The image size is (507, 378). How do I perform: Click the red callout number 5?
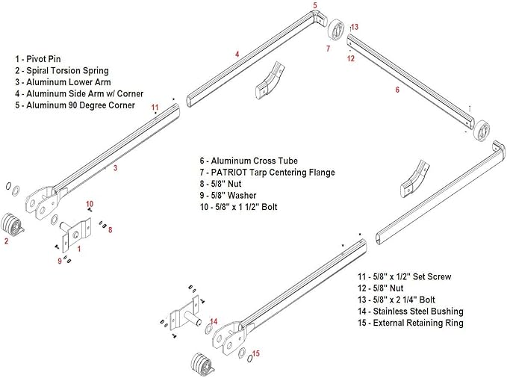tap(314, 5)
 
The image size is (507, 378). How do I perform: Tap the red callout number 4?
tap(237, 54)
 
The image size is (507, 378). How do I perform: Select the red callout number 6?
tap(397, 90)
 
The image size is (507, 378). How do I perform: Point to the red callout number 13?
tap(355, 27)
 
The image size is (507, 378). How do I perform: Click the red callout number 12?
tap(350, 58)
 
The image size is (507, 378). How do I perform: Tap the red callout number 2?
tap(6, 241)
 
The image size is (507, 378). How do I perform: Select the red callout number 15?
tap(255, 353)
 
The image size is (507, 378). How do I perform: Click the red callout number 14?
tap(214, 322)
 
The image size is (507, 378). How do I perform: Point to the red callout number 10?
tap(89, 203)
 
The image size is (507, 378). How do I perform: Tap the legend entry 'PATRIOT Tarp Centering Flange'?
tap(267, 173)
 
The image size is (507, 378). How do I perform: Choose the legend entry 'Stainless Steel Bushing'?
tap(410, 311)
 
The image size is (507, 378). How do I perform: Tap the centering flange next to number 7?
tap(338, 33)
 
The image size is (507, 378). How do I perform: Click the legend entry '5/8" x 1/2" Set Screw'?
tap(408, 276)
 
